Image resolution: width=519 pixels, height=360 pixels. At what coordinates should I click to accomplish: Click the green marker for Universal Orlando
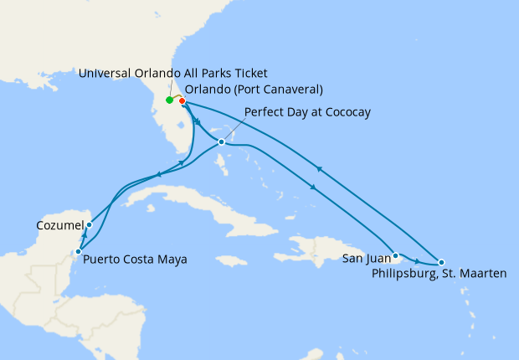coord(170,100)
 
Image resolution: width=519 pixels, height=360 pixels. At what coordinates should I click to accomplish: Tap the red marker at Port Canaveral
coord(182,101)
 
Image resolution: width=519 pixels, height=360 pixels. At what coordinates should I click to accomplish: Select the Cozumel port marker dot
coord(89,225)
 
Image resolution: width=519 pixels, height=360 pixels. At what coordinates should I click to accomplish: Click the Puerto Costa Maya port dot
coord(78,251)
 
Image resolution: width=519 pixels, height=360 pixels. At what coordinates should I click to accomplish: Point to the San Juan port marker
coord(395,253)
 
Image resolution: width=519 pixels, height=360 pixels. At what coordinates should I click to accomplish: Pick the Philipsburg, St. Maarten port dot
coord(441,262)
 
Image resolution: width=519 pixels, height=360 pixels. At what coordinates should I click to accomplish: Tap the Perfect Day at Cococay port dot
coord(221,142)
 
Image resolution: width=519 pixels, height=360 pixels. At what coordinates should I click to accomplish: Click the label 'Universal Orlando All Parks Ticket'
coord(173,74)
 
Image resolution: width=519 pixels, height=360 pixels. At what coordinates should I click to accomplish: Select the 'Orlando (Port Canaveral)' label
coord(254,90)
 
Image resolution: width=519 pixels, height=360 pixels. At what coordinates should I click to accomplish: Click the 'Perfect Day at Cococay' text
coord(307,112)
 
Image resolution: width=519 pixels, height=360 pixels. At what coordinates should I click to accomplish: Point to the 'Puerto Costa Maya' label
coord(136,260)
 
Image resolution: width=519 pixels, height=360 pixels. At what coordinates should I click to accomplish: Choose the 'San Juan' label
coord(365,260)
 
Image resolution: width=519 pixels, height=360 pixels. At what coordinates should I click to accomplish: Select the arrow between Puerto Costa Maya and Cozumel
coord(82,239)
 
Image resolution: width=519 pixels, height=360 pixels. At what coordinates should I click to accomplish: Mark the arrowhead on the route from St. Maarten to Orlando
coord(318,169)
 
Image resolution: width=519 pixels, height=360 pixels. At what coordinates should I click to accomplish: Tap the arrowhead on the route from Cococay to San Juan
coord(312,187)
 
